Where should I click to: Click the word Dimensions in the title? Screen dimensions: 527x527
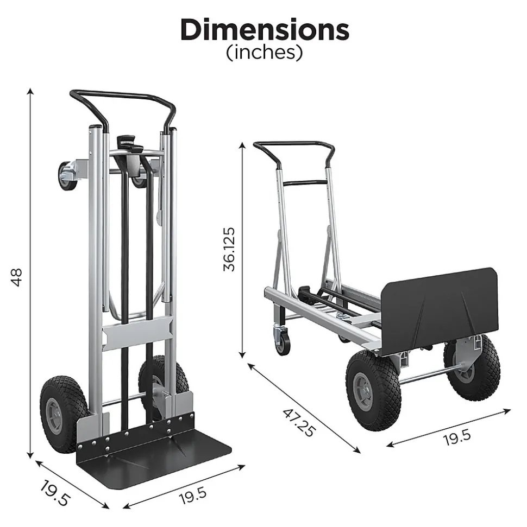265,29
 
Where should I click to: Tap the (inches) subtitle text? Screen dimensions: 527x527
265,52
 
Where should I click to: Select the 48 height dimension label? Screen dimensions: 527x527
16,277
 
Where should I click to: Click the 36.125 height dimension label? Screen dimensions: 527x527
229,249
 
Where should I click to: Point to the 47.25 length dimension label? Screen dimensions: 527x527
299,422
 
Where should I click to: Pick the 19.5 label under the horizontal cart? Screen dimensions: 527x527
457,437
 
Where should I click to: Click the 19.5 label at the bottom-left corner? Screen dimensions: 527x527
54,493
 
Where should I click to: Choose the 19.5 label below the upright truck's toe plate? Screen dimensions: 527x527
193,496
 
